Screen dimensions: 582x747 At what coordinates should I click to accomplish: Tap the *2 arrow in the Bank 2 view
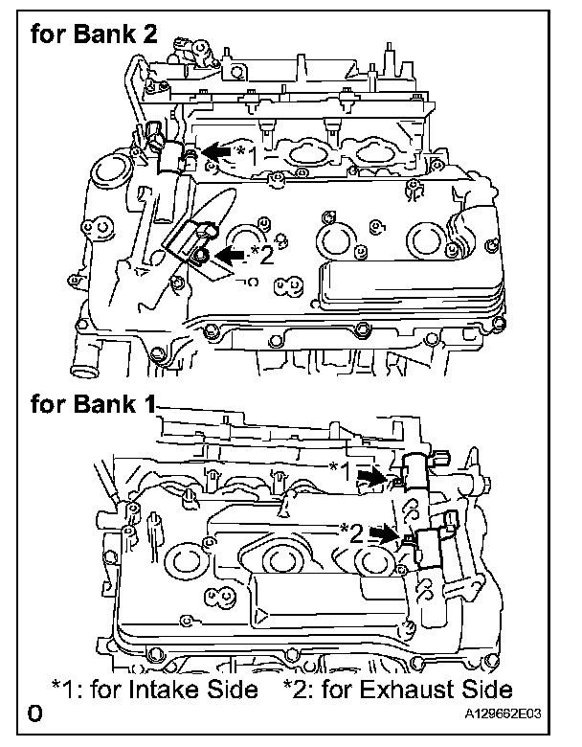tap(231, 254)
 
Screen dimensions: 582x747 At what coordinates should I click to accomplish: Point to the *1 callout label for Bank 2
tap(247, 153)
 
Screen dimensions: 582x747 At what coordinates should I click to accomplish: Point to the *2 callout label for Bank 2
tap(261, 255)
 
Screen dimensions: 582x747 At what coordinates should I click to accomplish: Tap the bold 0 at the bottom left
tap(34, 714)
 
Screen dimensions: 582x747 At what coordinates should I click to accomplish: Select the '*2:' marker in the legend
tap(302, 690)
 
